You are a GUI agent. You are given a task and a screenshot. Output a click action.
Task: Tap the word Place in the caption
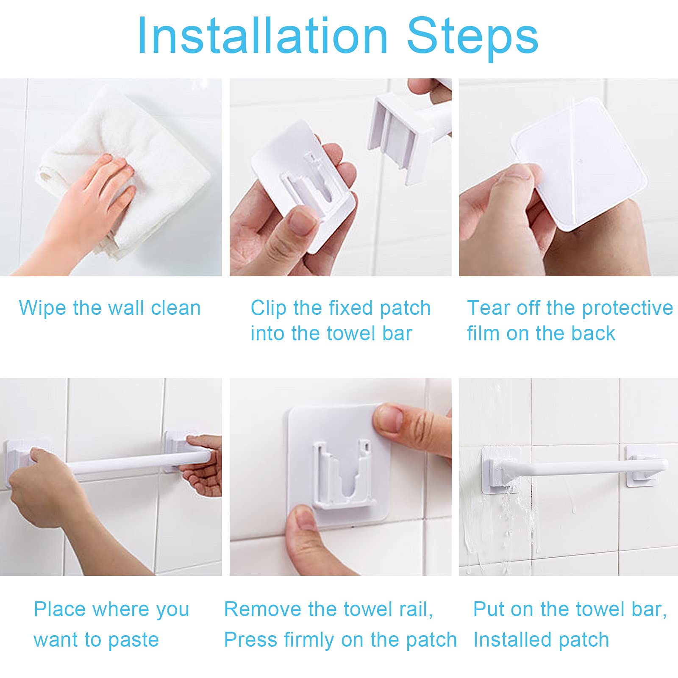click(x=60, y=609)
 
